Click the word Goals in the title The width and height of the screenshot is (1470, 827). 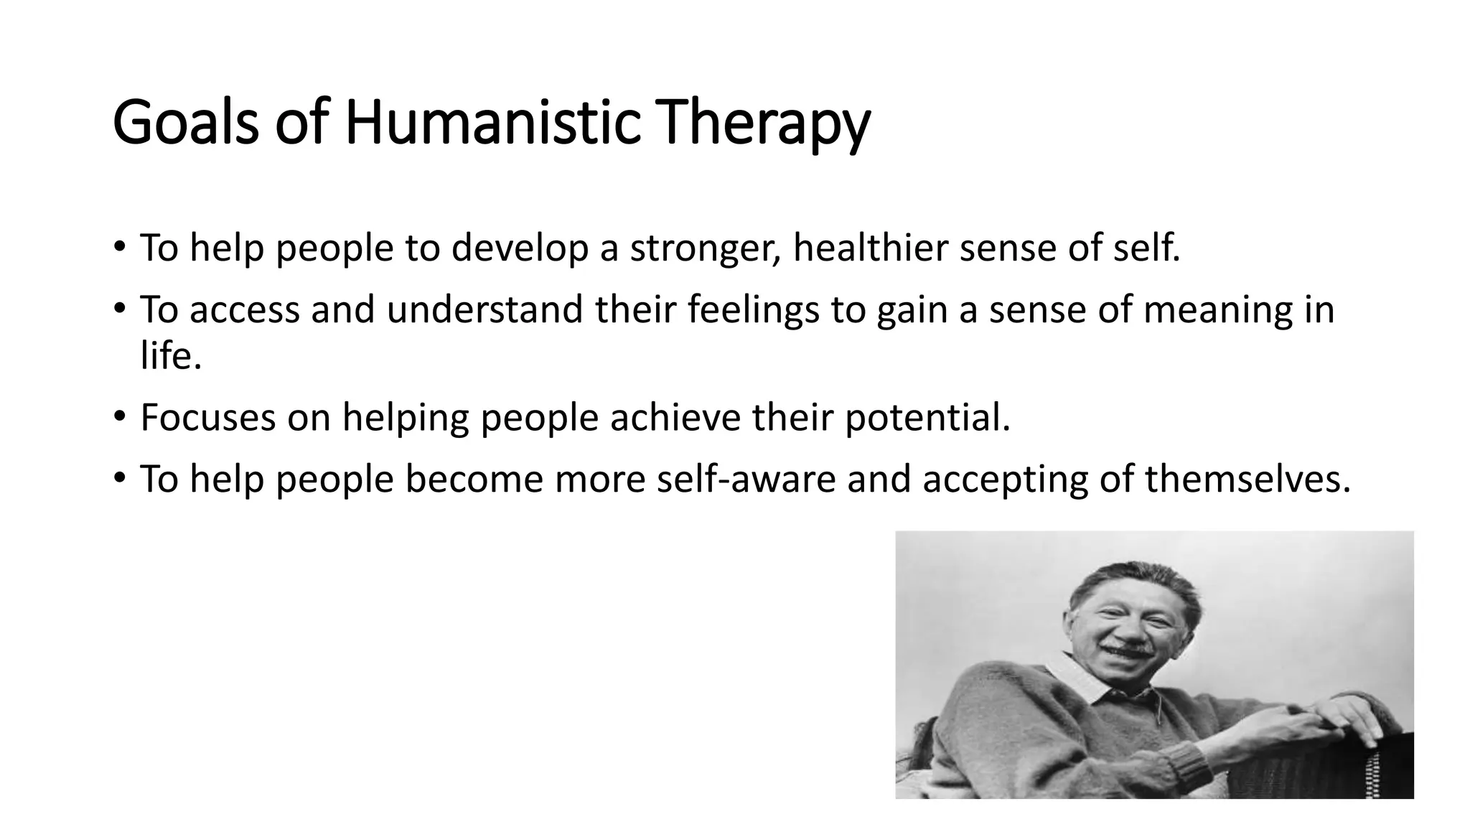185,123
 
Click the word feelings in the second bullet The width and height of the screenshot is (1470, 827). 753,310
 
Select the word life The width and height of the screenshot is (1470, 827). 170,355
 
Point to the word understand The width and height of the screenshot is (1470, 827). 484,310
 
